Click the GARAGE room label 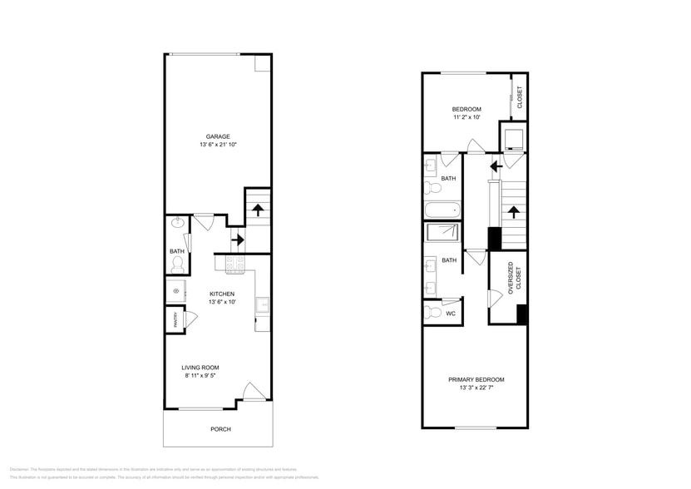point(218,136)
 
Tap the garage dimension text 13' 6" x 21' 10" point(218,146)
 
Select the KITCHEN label point(221,294)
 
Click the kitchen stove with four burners point(234,264)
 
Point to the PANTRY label point(175,320)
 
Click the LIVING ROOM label point(200,367)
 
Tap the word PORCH point(220,429)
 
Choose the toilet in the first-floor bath point(177,264)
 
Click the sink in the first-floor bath point(176,223)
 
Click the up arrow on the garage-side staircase point(258,210)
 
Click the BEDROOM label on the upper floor point(466,109)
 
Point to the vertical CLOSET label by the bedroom point(520,97)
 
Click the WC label point(450,314)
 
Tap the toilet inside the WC point(432,314)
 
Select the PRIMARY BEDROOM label point(476,379)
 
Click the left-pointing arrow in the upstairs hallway point(496,166)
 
